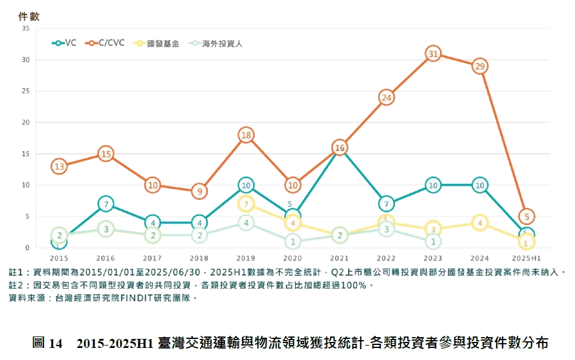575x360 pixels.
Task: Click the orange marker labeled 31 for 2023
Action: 433,54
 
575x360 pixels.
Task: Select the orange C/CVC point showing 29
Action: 480,66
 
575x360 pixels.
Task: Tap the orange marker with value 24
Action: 386,97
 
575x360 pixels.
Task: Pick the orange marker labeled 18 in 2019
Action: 246,135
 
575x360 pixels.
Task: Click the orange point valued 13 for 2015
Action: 59,166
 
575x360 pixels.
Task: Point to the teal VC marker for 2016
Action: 106,204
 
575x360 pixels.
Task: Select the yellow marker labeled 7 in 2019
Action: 246,204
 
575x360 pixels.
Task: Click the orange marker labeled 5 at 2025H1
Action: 526,216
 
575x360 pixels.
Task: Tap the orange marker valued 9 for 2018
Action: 199,192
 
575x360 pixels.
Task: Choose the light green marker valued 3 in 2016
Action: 106,229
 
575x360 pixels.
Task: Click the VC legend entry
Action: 65,43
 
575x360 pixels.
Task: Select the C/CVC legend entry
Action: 106,43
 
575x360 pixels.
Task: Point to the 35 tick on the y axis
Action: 25,28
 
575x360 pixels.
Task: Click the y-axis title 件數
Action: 29,16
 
